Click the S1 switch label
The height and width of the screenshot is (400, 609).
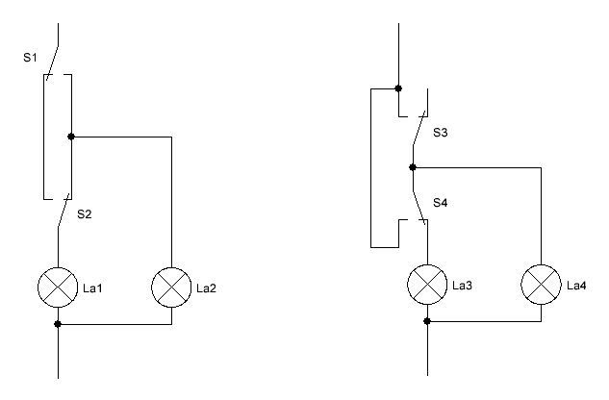[x=30, y=58]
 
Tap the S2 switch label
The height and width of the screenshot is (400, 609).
[x=85, y=214]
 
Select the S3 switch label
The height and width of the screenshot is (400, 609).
[x=440, y=133]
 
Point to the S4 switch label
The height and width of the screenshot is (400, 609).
[x=440, y=202]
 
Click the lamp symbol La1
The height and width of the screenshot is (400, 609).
[x=58, y=287]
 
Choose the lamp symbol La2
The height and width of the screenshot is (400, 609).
[x=171, y=287]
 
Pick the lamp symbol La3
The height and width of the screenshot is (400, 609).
[x=427, y=285]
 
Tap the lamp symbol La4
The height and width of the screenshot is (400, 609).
[x=541, y=285]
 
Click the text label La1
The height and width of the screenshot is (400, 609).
[x=92, y=288]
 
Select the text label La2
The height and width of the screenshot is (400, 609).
[x=206, y=288]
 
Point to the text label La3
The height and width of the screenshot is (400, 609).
[x=462, y=286]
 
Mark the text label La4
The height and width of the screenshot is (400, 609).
[x=576, y=286]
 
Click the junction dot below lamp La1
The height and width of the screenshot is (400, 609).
[x=58, y=324]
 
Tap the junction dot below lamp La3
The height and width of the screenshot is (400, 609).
[x=427, y=321]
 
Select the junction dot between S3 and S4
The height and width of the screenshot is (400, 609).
[x=413, y=167]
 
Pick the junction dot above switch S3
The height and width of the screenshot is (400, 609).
[x=398, y=88]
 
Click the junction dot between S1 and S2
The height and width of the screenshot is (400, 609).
[x=71, y=137]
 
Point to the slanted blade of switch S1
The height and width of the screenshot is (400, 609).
[x=52, y=63]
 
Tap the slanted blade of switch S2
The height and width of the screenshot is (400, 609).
[x=64, y=211]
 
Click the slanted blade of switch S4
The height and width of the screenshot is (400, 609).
[x=419, y=208]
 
